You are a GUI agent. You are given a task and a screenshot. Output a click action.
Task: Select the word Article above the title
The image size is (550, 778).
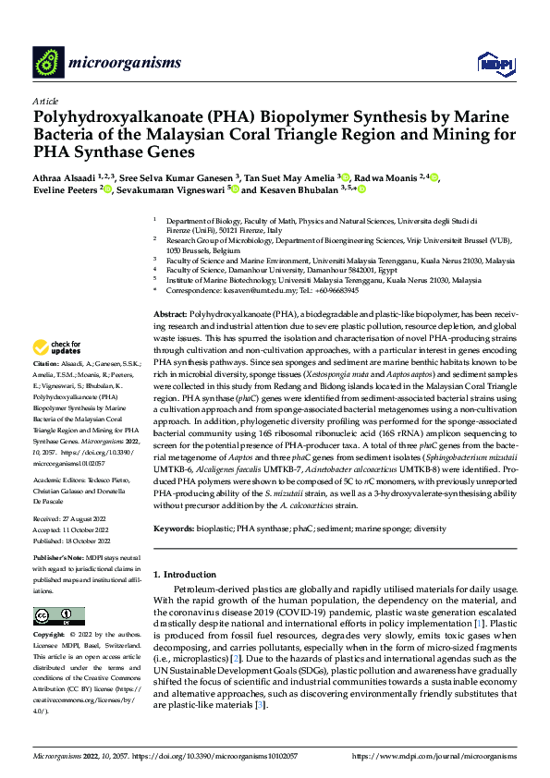pyautogui.click(x=45, y=100)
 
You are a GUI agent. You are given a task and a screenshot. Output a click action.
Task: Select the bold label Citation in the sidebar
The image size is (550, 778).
pyautogui.click(x=48, y=391)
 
